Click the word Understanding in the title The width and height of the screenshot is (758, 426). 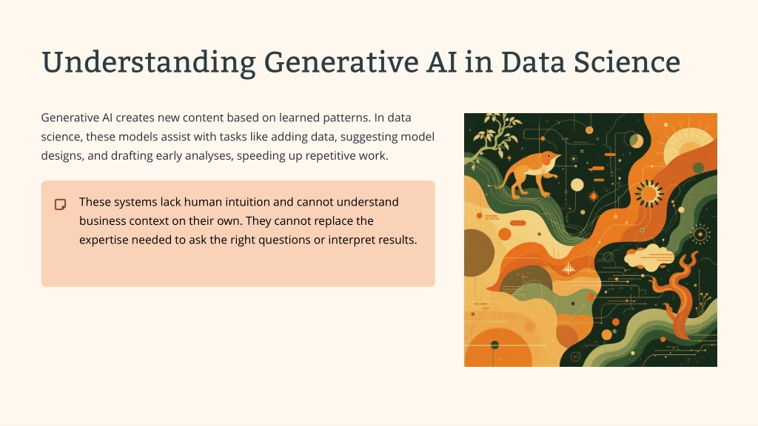(x=148, y=63)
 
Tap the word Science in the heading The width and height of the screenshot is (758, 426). (x=627, y=62)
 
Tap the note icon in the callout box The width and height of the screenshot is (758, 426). (x=61, y=204)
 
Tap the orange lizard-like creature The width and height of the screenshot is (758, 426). (x=529, y=173)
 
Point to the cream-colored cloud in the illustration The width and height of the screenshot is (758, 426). (x=648, y=257)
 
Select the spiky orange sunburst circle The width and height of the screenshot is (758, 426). (x=648, y=193)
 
